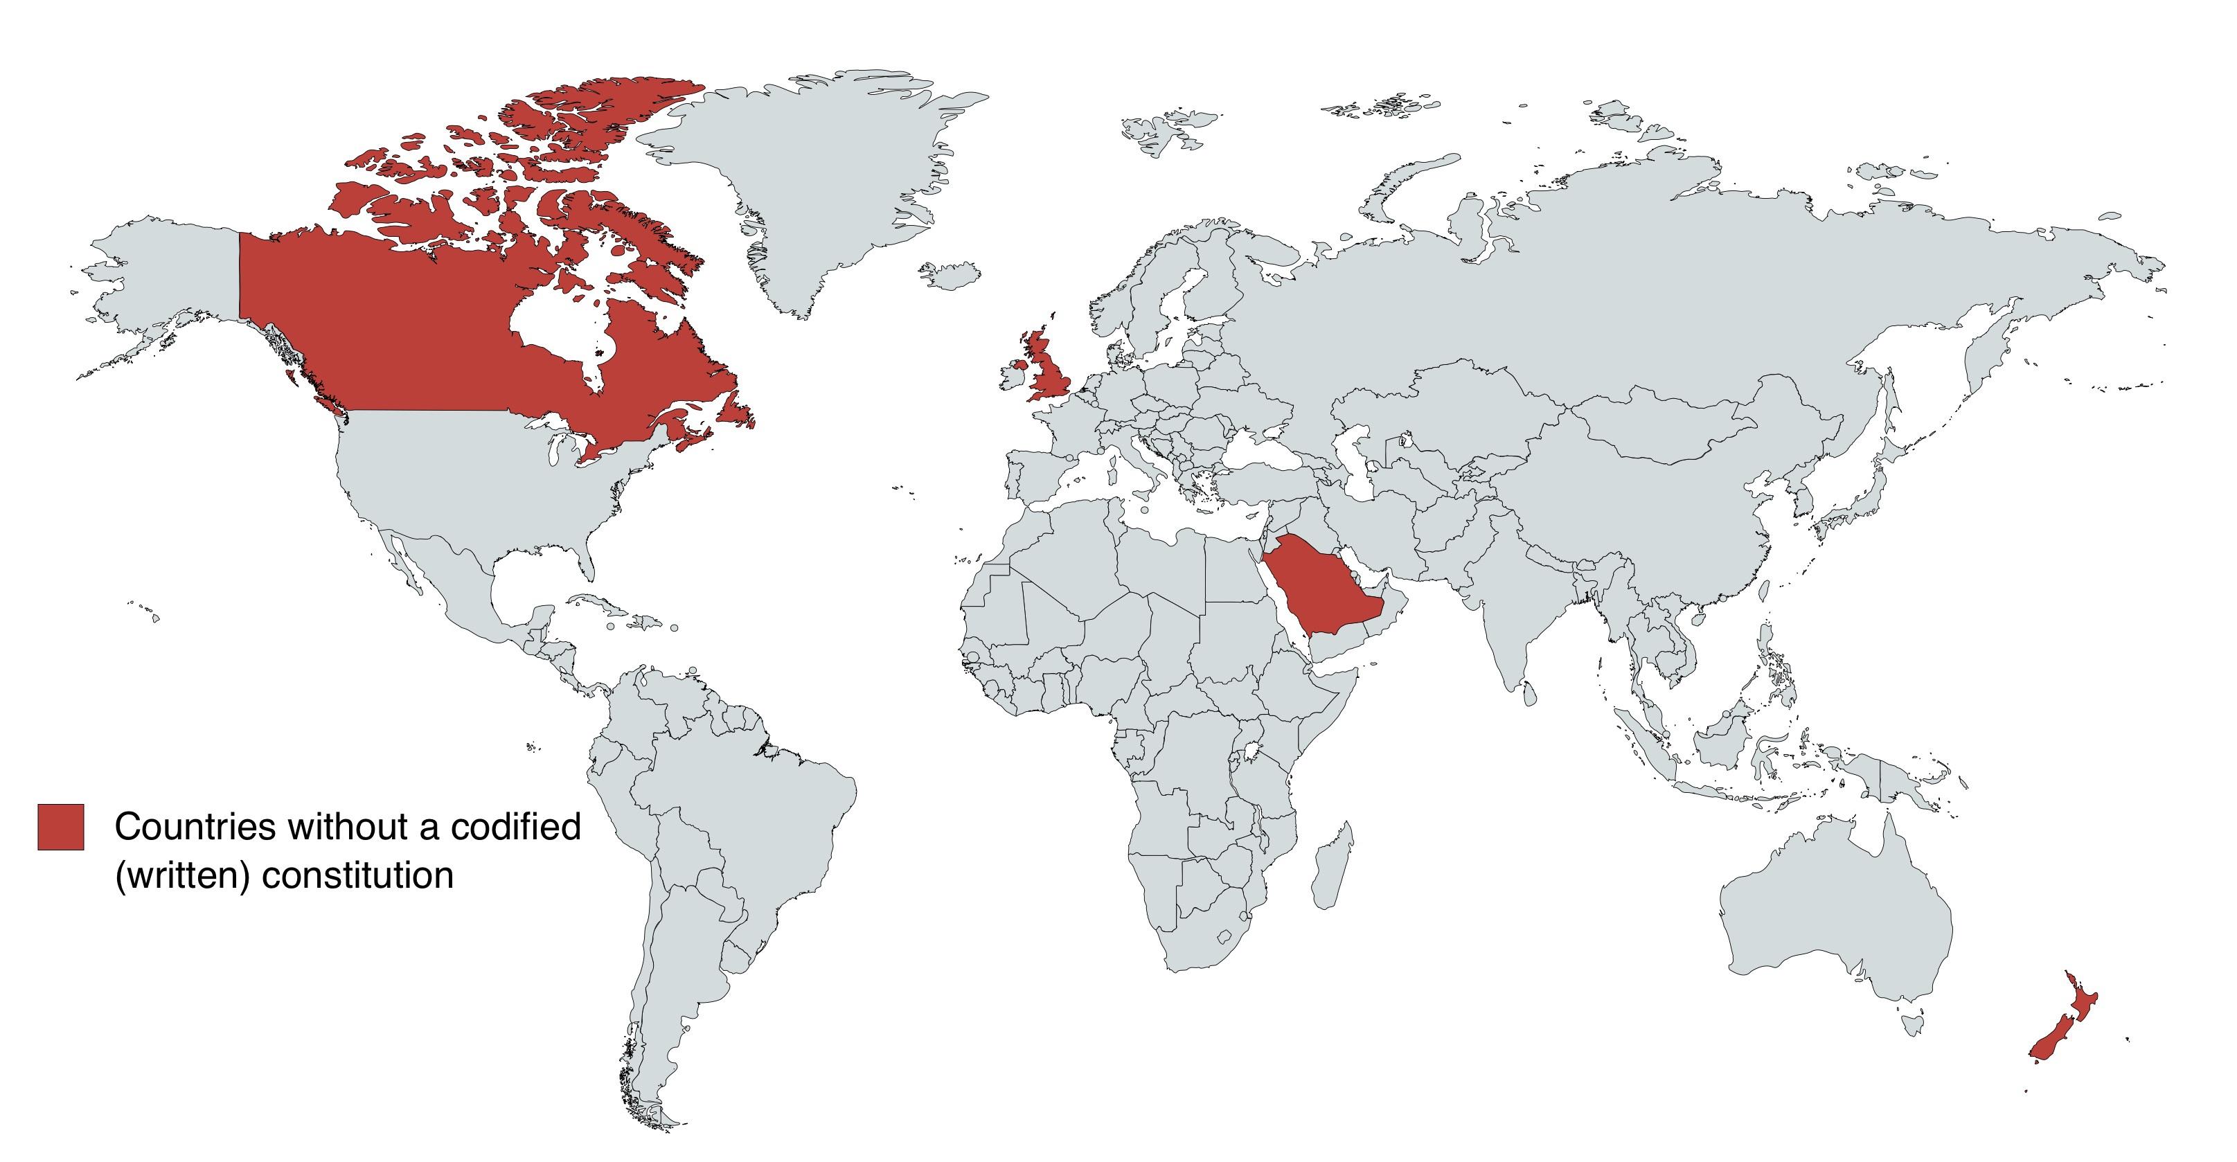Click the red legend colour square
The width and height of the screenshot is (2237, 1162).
pyautogui.click(x=61, y=827)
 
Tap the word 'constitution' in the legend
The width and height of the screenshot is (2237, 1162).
pyautogui.click(x=358, y=875)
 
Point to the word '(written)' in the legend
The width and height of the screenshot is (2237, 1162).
pyautogui.click(x=182, y=875)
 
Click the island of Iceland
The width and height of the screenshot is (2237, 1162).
pyautogui.click(x=954, y=274)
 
